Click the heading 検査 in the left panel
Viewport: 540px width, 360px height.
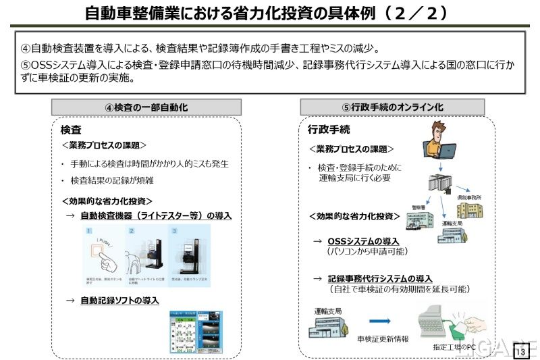pos(70,130)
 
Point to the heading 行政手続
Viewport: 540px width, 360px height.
pos(329,129)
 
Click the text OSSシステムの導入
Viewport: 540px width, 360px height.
pos(363,241)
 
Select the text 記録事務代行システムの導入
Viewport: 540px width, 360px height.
pos(379,278)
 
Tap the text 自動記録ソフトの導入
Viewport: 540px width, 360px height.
pos(119,300)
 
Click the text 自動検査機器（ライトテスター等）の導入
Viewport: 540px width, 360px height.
pos(155,215)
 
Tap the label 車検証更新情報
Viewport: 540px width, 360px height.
pos(383,338)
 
